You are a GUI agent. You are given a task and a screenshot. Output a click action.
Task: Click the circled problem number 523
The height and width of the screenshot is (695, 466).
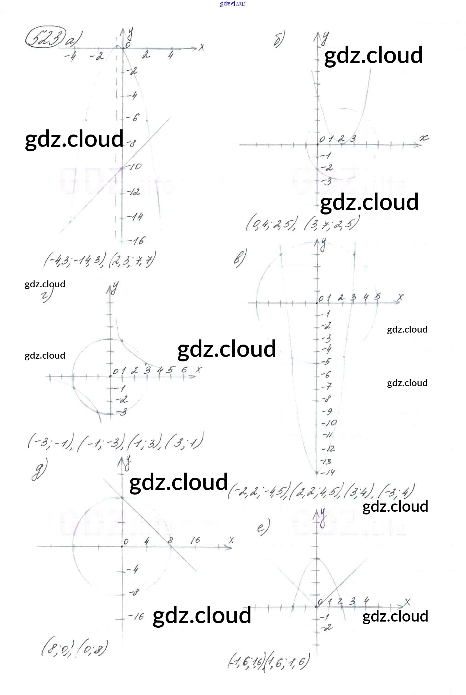coord(45,40)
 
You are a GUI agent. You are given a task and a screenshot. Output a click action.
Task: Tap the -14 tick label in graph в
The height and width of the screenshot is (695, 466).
coord(328,473)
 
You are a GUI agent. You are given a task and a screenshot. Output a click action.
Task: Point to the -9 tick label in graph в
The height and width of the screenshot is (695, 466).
coord(327,411)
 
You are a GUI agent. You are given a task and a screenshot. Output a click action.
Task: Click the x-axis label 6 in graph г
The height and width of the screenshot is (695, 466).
coord(184,370)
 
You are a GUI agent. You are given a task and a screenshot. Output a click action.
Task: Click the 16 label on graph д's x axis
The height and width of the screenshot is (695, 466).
coord(195,540)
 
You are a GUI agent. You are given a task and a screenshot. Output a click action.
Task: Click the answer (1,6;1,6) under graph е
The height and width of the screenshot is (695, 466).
coord(288,663)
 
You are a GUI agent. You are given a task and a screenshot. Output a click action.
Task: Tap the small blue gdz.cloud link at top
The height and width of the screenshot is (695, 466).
coord(233,4)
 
